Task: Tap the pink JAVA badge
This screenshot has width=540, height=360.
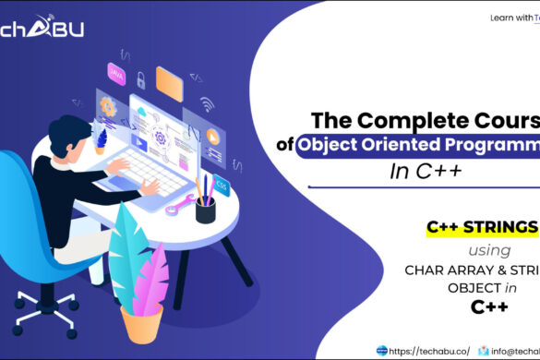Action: click(x=117, y=70)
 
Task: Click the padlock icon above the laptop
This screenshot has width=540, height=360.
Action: click(x=140, y=80)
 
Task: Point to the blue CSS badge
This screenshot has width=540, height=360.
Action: click(x=222, y=186)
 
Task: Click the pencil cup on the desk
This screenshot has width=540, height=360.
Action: click(x=205, y=208)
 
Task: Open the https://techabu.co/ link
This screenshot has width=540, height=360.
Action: click(x=429, y=350)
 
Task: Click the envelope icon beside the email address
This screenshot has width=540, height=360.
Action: click(x=485, y=350)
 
